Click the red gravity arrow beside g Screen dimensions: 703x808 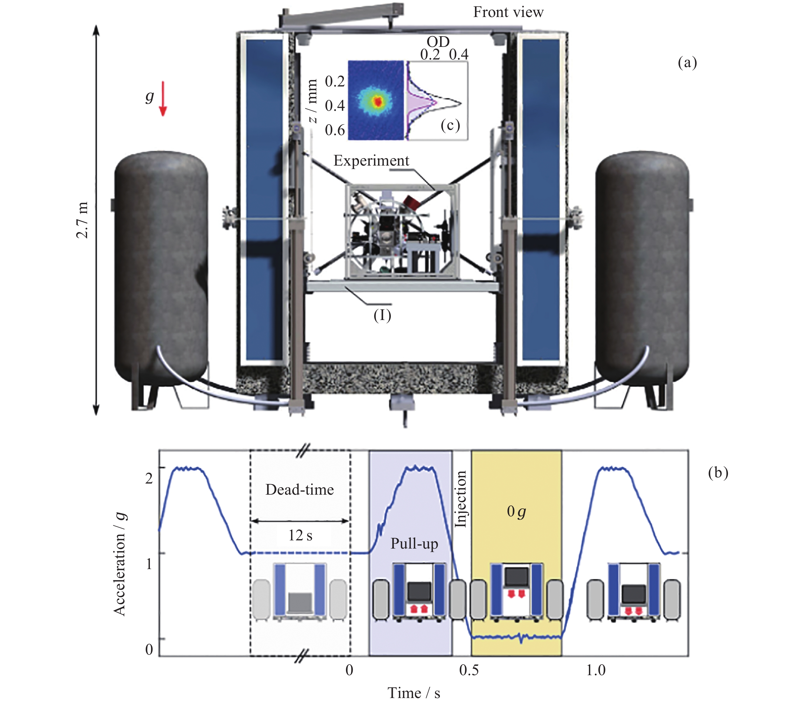(163, 99)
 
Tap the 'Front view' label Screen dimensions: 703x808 (508, 13)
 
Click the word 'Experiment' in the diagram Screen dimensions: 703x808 (371, 161)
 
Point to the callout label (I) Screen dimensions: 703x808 (382, 315)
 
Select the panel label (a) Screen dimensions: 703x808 (687, 63)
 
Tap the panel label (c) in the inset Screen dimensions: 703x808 (450, 125)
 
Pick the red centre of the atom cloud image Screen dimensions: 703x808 (378, 102)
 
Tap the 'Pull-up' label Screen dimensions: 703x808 (414, 544)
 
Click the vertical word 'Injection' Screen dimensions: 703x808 (461, 499)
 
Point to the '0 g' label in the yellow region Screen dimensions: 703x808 (516, 512)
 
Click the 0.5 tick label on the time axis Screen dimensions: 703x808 (469, 670)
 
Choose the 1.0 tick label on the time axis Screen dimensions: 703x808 (596, 670)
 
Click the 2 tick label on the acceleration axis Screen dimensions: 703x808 (149, 478)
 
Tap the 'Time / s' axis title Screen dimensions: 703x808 (414, 693)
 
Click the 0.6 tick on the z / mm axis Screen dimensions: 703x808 (335, 130)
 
